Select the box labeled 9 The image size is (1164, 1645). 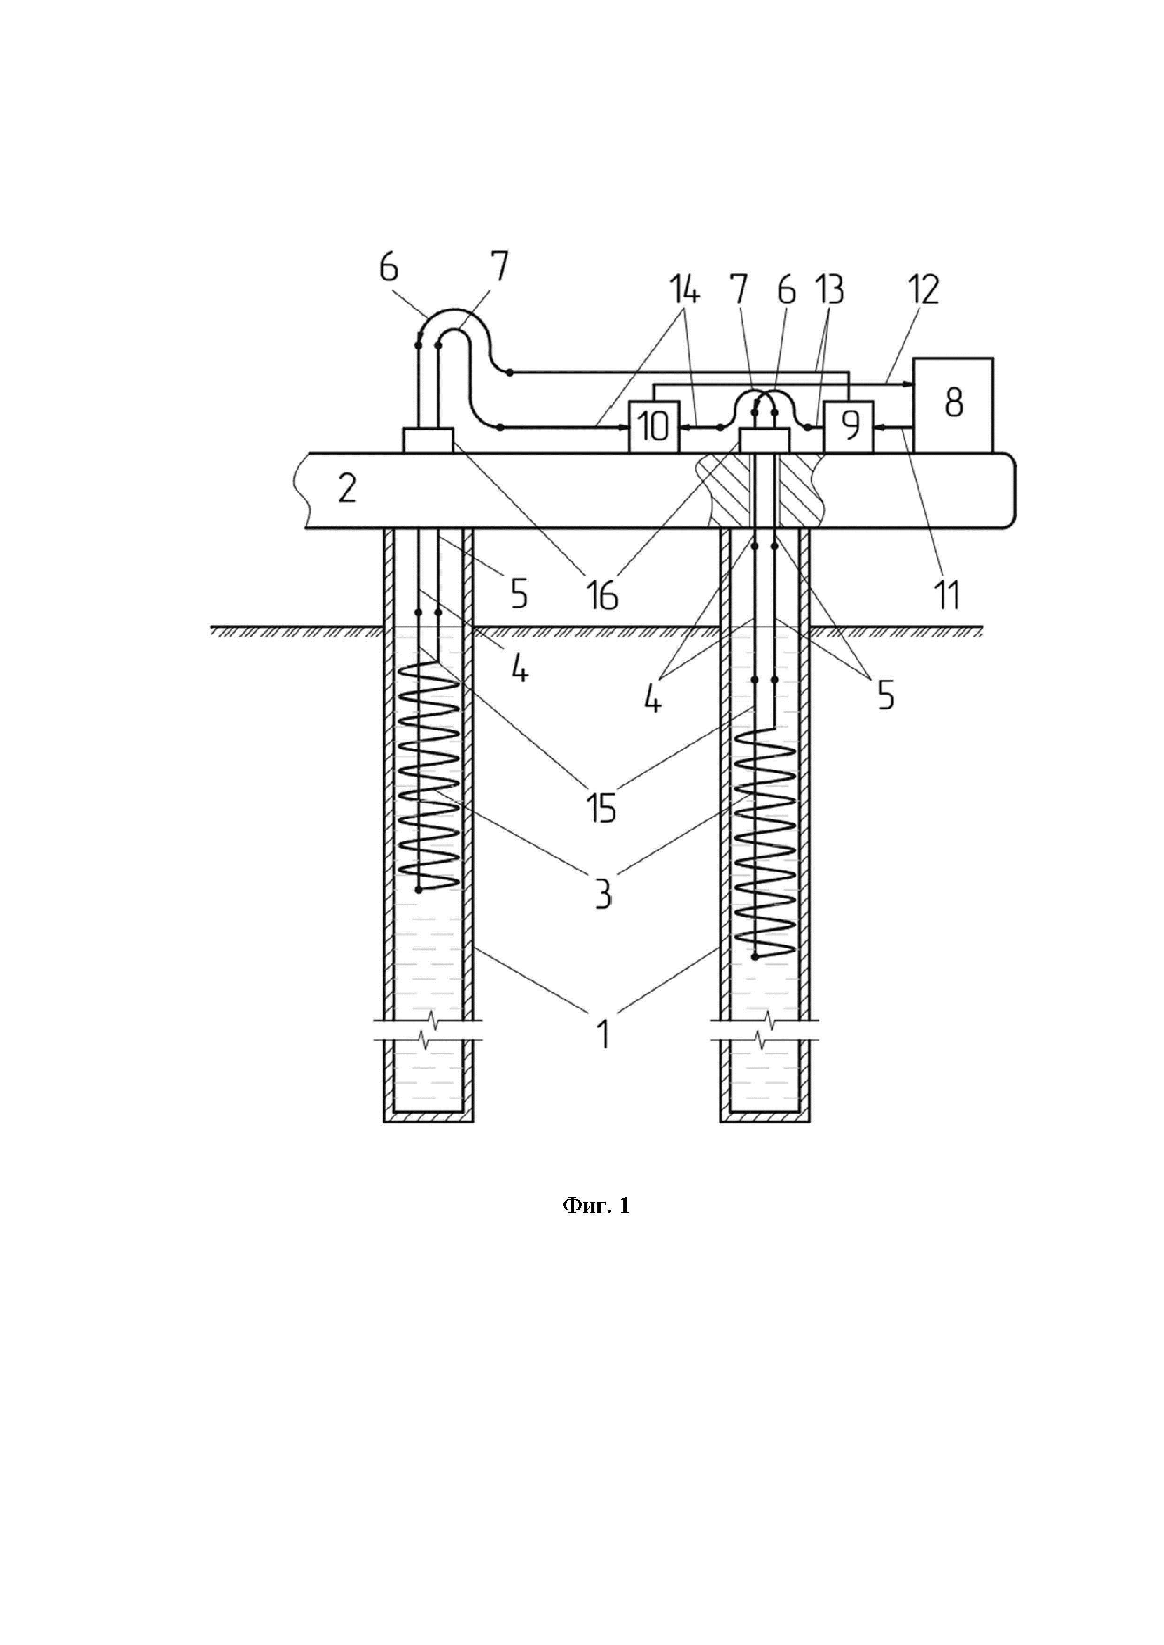[850, 426]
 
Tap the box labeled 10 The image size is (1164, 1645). [654, 426]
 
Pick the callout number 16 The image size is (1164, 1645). [603, 595]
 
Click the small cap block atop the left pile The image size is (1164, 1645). [428, 440]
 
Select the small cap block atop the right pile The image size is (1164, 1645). [764, 440]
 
